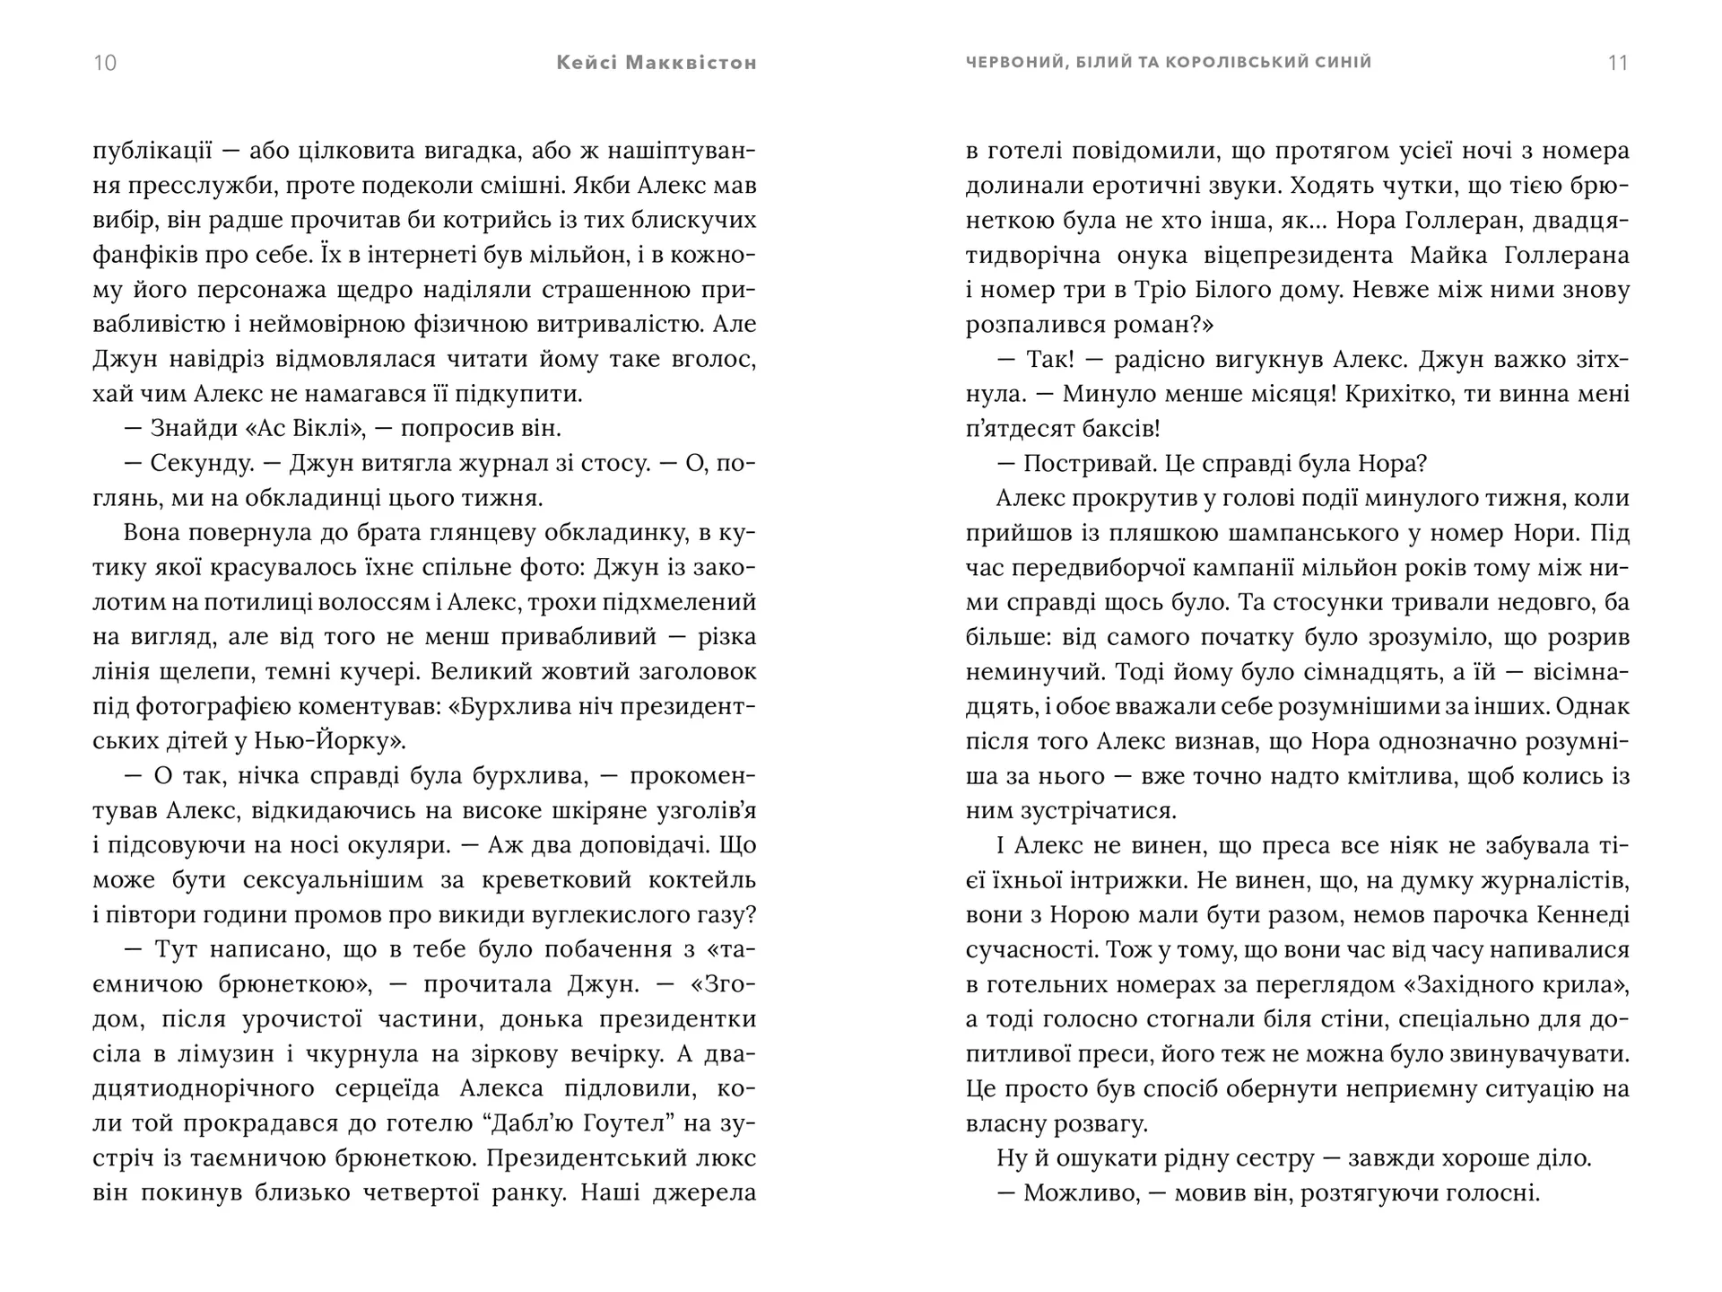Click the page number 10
click(105, 63)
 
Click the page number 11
click(1618, 63)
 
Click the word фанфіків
click(142, 255)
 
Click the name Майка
click(1446, 256)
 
